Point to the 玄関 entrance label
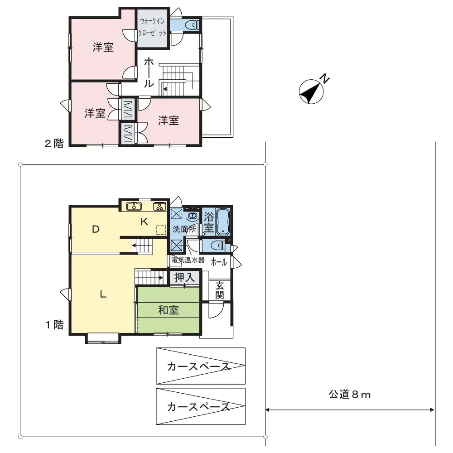click(x=220, y=290)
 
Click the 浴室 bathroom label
click(x=208, y=222)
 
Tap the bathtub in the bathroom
click(x=224, y=222)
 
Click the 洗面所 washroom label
click(x=184, y=229)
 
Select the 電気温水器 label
click(x=188, y=260)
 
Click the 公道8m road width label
click(x=350, y=395)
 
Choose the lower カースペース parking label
click(x=198, y=407)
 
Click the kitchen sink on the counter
click(x=134, y=207)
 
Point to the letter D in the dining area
click(x=96, y=229)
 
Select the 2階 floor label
click(x=53, y=144)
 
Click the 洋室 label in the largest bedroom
click(x=103, y=47)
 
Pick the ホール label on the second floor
click(x=148, y=73)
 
